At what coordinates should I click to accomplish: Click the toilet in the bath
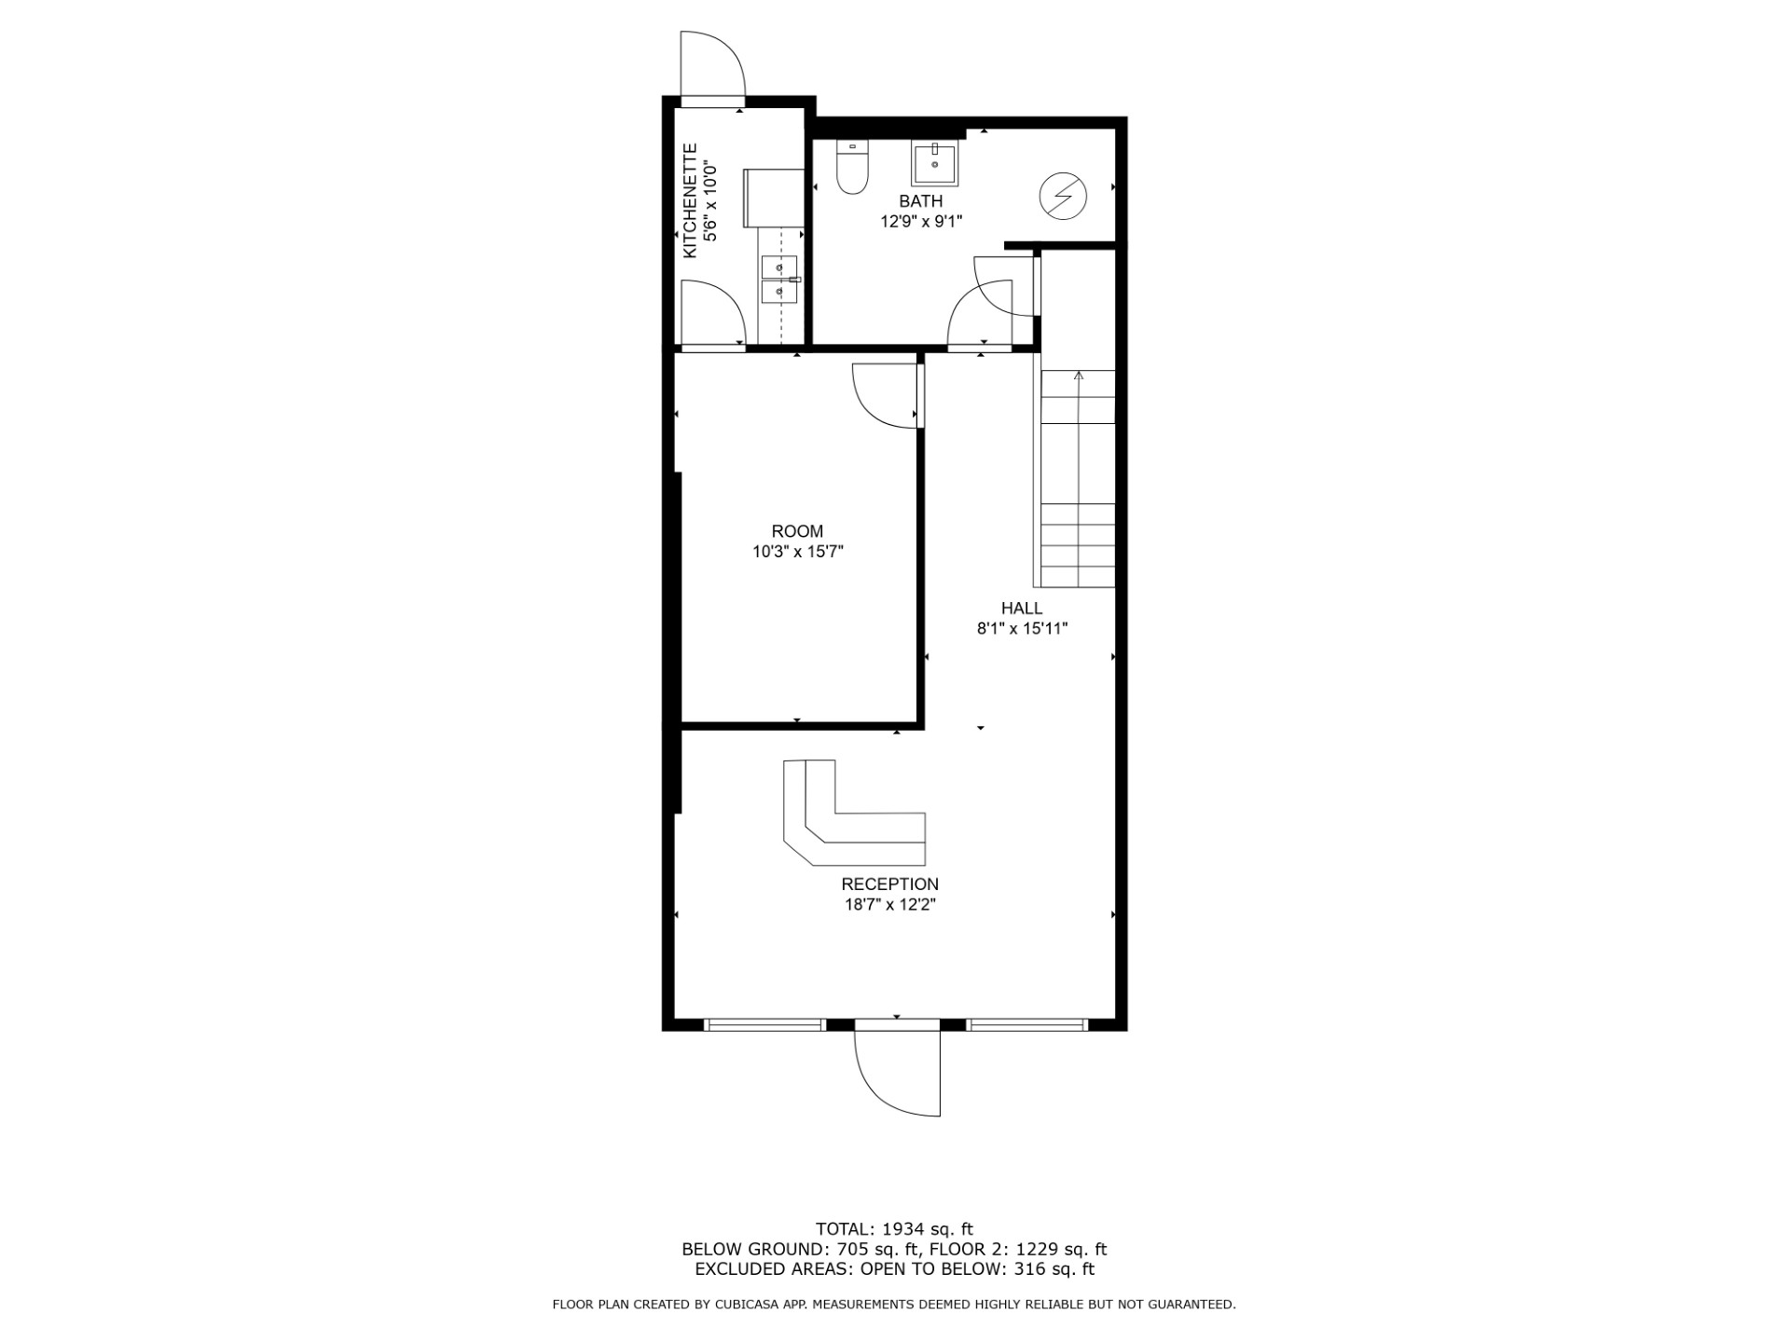click(852, 167)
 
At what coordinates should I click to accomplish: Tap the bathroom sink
click(934, 164)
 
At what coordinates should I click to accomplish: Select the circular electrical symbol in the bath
click(1063, 196)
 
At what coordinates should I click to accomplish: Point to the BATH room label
click(921, 201)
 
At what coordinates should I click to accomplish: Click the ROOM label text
click(797, 532)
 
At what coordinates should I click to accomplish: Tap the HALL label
click(1022, 609)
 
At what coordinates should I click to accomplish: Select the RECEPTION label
click(890, 884)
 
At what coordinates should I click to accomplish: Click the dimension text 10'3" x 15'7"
click(798, 553)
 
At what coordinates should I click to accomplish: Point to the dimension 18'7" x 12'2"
click(890, 905)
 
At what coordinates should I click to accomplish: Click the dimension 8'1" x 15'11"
click(1022, 629)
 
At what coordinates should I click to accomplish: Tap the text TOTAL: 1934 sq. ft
click(894, 1229)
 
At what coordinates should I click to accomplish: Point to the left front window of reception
click(764, 1025)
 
